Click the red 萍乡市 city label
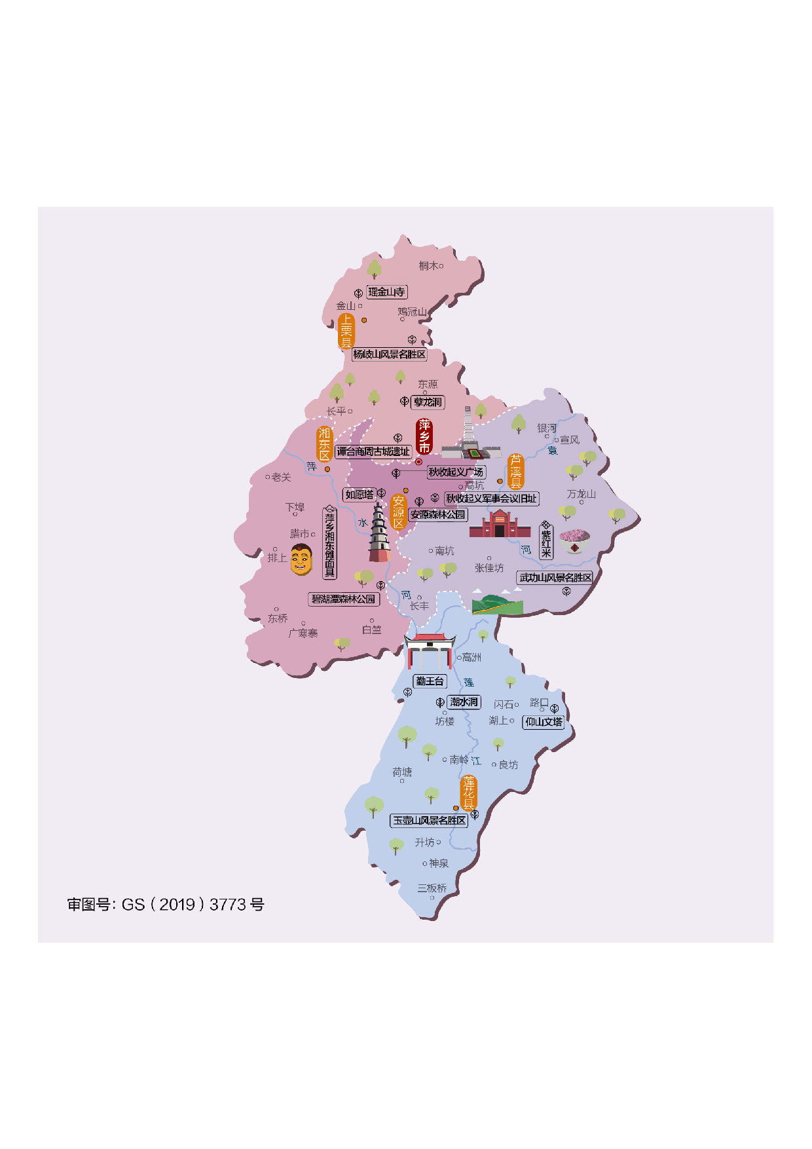coord(424,436)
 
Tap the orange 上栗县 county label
coord(346,331)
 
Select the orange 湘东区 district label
coord(325,444)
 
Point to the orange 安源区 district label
coord(398,512)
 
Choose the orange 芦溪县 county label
coord(516,471)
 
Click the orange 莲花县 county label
coord(469,793)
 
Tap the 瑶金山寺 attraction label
coord(386,292)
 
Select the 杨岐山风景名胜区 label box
coord(390,354)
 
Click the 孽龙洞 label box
coord(428,402)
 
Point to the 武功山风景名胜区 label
coord(555,578)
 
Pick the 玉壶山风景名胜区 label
coord(429,820)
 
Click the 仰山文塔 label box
coord(544,722)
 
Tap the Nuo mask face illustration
coord(301,560)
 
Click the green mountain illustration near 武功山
coord(498,604)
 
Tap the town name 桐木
coord(428,266)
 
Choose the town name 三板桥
coord(432,888)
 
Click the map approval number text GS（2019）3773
coord(166,905)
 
